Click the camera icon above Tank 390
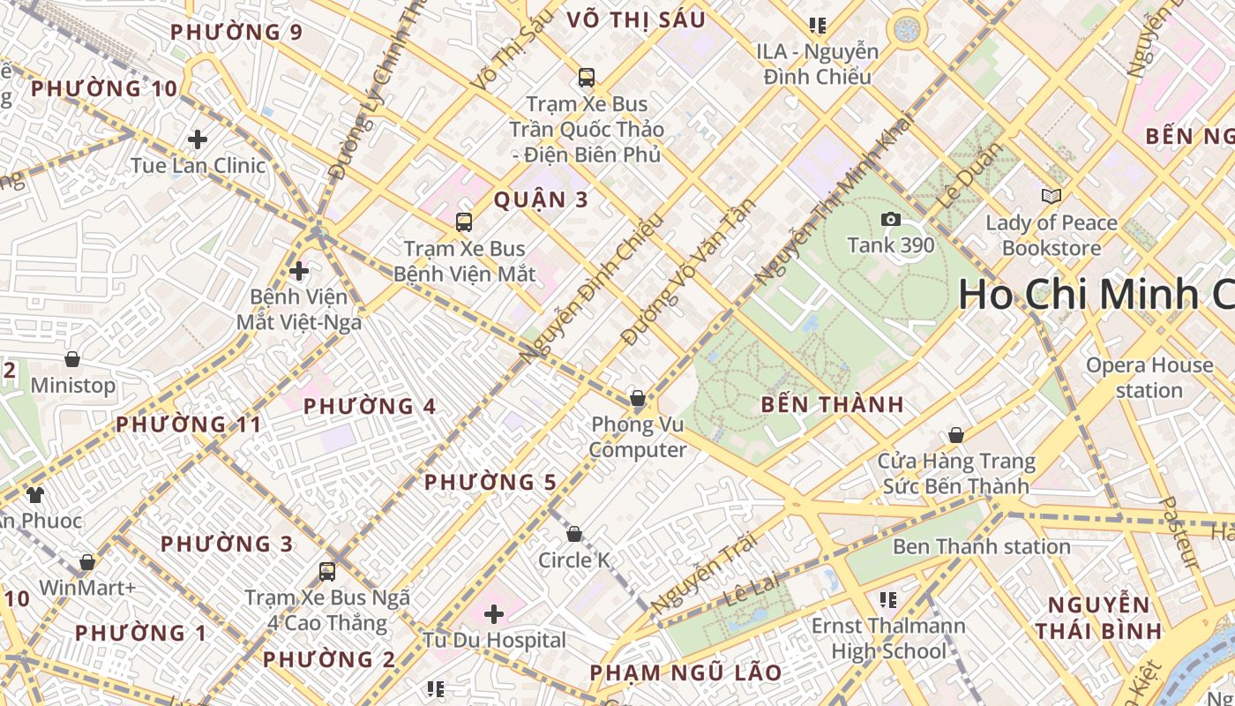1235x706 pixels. (x=890, y=219)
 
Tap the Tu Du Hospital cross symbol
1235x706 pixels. (x=494, y=613)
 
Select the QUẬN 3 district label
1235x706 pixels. (x=540, y=199)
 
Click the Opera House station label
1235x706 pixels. (x=1149, y=378)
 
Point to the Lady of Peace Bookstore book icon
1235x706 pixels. (x=1051, y=196)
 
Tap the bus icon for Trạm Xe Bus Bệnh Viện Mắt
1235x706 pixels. (x=464, y=222)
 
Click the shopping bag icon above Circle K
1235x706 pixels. (x=573, y=534)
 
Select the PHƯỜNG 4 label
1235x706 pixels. (x=370, y=407)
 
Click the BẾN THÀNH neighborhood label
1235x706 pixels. (x=832, y=405)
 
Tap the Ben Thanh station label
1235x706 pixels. (x=981, y=547)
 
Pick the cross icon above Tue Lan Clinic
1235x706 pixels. (x=198, y=139)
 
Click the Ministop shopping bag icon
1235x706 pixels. (x=72, y=359)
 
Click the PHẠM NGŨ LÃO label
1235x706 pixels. (x=685, y=672)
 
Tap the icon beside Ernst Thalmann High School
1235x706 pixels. (x=888, y=600)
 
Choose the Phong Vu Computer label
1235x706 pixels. (x=637, y=438)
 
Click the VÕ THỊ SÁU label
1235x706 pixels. (x=635, y=19)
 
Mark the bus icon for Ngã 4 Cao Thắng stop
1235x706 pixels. (x=327, y=571)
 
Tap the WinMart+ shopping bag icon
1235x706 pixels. (x=87, y=562)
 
